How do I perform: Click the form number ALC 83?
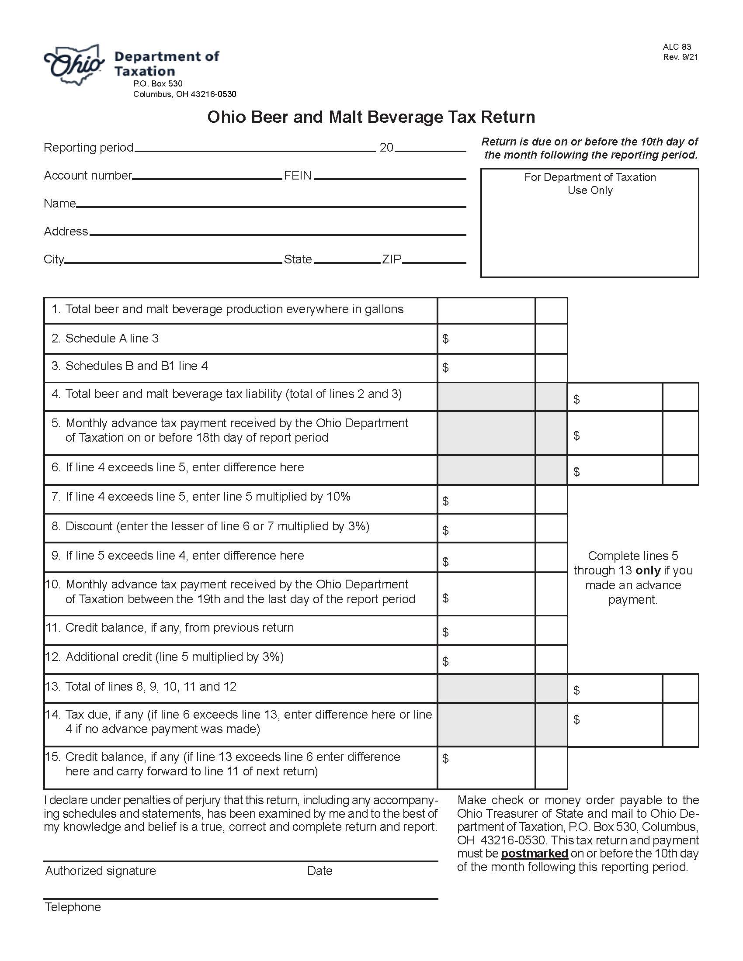pos(677,47)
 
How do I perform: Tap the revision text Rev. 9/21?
pos(680,57)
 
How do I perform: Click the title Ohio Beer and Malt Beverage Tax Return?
pos(371,117)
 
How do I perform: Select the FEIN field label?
pos(298,176)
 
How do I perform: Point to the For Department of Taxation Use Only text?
pos(590,183)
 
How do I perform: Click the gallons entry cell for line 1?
pos(486,311)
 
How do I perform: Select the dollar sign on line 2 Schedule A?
pos(445,339)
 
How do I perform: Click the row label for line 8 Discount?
pos(217,526)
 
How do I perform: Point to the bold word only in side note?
pos(648,571)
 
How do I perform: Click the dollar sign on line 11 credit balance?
pos(445,633)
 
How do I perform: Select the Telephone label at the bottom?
pos(73,907)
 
